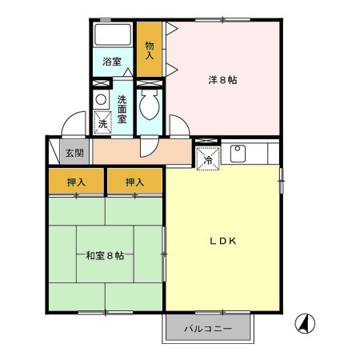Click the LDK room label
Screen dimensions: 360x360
tap(223, 241)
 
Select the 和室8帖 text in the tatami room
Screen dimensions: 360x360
tap(105, 256)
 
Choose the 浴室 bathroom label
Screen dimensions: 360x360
tap(111, 62)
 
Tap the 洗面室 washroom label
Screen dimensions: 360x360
tap(122, 108)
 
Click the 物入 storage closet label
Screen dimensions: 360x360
tap(149, 50)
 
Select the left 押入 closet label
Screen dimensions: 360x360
tap(76, 183)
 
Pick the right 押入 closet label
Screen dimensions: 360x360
tap(134, 183)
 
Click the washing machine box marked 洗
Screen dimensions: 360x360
tap(102, 122)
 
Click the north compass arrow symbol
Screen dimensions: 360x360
tap(305, 324)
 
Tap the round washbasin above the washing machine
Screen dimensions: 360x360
tap(101, 100)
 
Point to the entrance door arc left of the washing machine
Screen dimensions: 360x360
tap(74, 126)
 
